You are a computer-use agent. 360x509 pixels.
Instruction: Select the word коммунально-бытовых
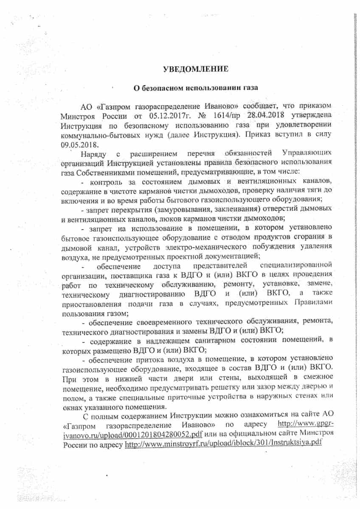98,134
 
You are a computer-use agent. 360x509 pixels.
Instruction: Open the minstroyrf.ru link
222,444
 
